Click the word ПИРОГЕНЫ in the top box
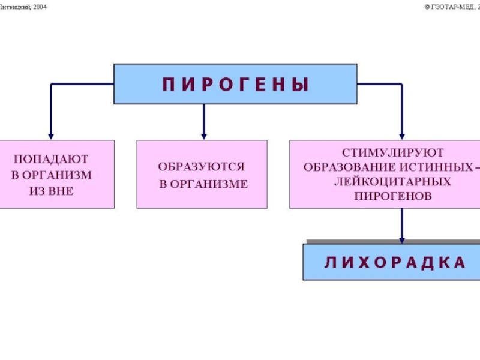(235, 84)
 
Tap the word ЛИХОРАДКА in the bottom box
(395, 263)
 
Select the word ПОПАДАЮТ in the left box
(51, 159)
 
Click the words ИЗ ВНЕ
(52, 191)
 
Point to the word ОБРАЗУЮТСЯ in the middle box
(202, 167)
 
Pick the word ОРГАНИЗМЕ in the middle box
(209, 184)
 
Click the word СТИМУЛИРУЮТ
(393, 152)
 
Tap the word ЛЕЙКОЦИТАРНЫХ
(393, 182)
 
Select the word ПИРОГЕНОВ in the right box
(393, 196)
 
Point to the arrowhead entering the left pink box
(51, 137)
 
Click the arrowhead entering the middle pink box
(204, 137)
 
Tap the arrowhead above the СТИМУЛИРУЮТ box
(402, 137)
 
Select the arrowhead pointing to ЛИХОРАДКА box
(402, 241)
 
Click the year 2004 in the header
(40, 7)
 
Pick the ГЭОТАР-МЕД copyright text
(452, 7)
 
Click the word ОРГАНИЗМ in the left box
(61, 175)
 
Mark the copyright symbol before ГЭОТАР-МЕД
(427, 7)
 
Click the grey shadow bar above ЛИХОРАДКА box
(394, 242)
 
